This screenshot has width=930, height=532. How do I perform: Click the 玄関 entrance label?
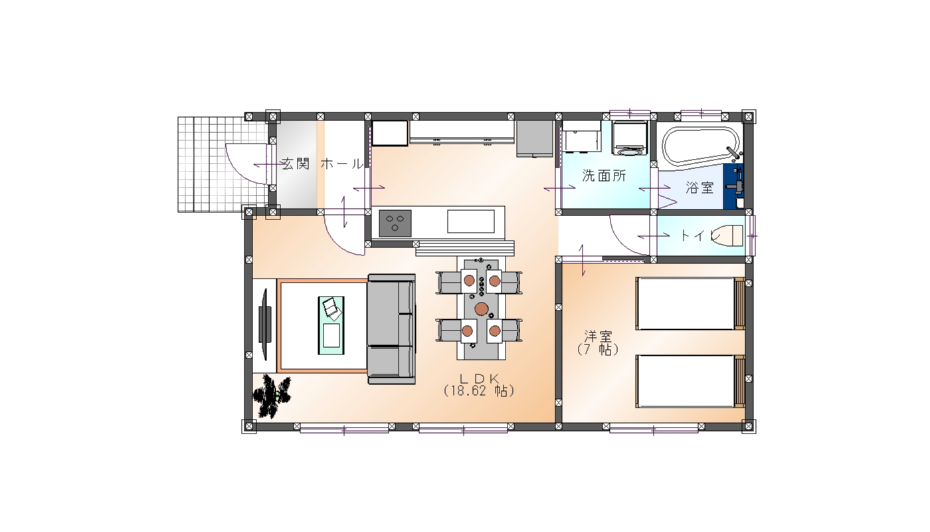point(296,164)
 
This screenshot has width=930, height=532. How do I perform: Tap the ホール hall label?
point(342,164)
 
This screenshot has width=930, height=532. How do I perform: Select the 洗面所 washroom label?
point(604,176)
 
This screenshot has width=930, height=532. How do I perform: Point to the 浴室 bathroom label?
point(699,188)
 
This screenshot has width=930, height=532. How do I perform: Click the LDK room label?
point(479,378)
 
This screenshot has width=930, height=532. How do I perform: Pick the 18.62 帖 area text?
point(479,391)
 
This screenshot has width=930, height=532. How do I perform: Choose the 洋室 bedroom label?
point(598,335)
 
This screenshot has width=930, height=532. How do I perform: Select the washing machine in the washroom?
point(630,138)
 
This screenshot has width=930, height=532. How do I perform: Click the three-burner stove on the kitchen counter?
point(395,223)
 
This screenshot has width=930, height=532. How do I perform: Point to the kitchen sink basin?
point(471,221)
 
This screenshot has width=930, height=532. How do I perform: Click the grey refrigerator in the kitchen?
point(534,138)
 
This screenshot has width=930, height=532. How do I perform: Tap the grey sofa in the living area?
point(391,329)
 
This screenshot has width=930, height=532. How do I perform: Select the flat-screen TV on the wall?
point(265,325)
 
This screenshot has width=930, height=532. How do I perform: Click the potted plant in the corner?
point(272,396)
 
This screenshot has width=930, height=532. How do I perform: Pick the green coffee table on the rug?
point(331,325)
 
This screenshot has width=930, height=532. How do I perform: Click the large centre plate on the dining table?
point(482,309)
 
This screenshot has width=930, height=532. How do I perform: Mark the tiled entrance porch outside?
point(223,165)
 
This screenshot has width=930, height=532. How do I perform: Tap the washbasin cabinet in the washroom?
point(581,136)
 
